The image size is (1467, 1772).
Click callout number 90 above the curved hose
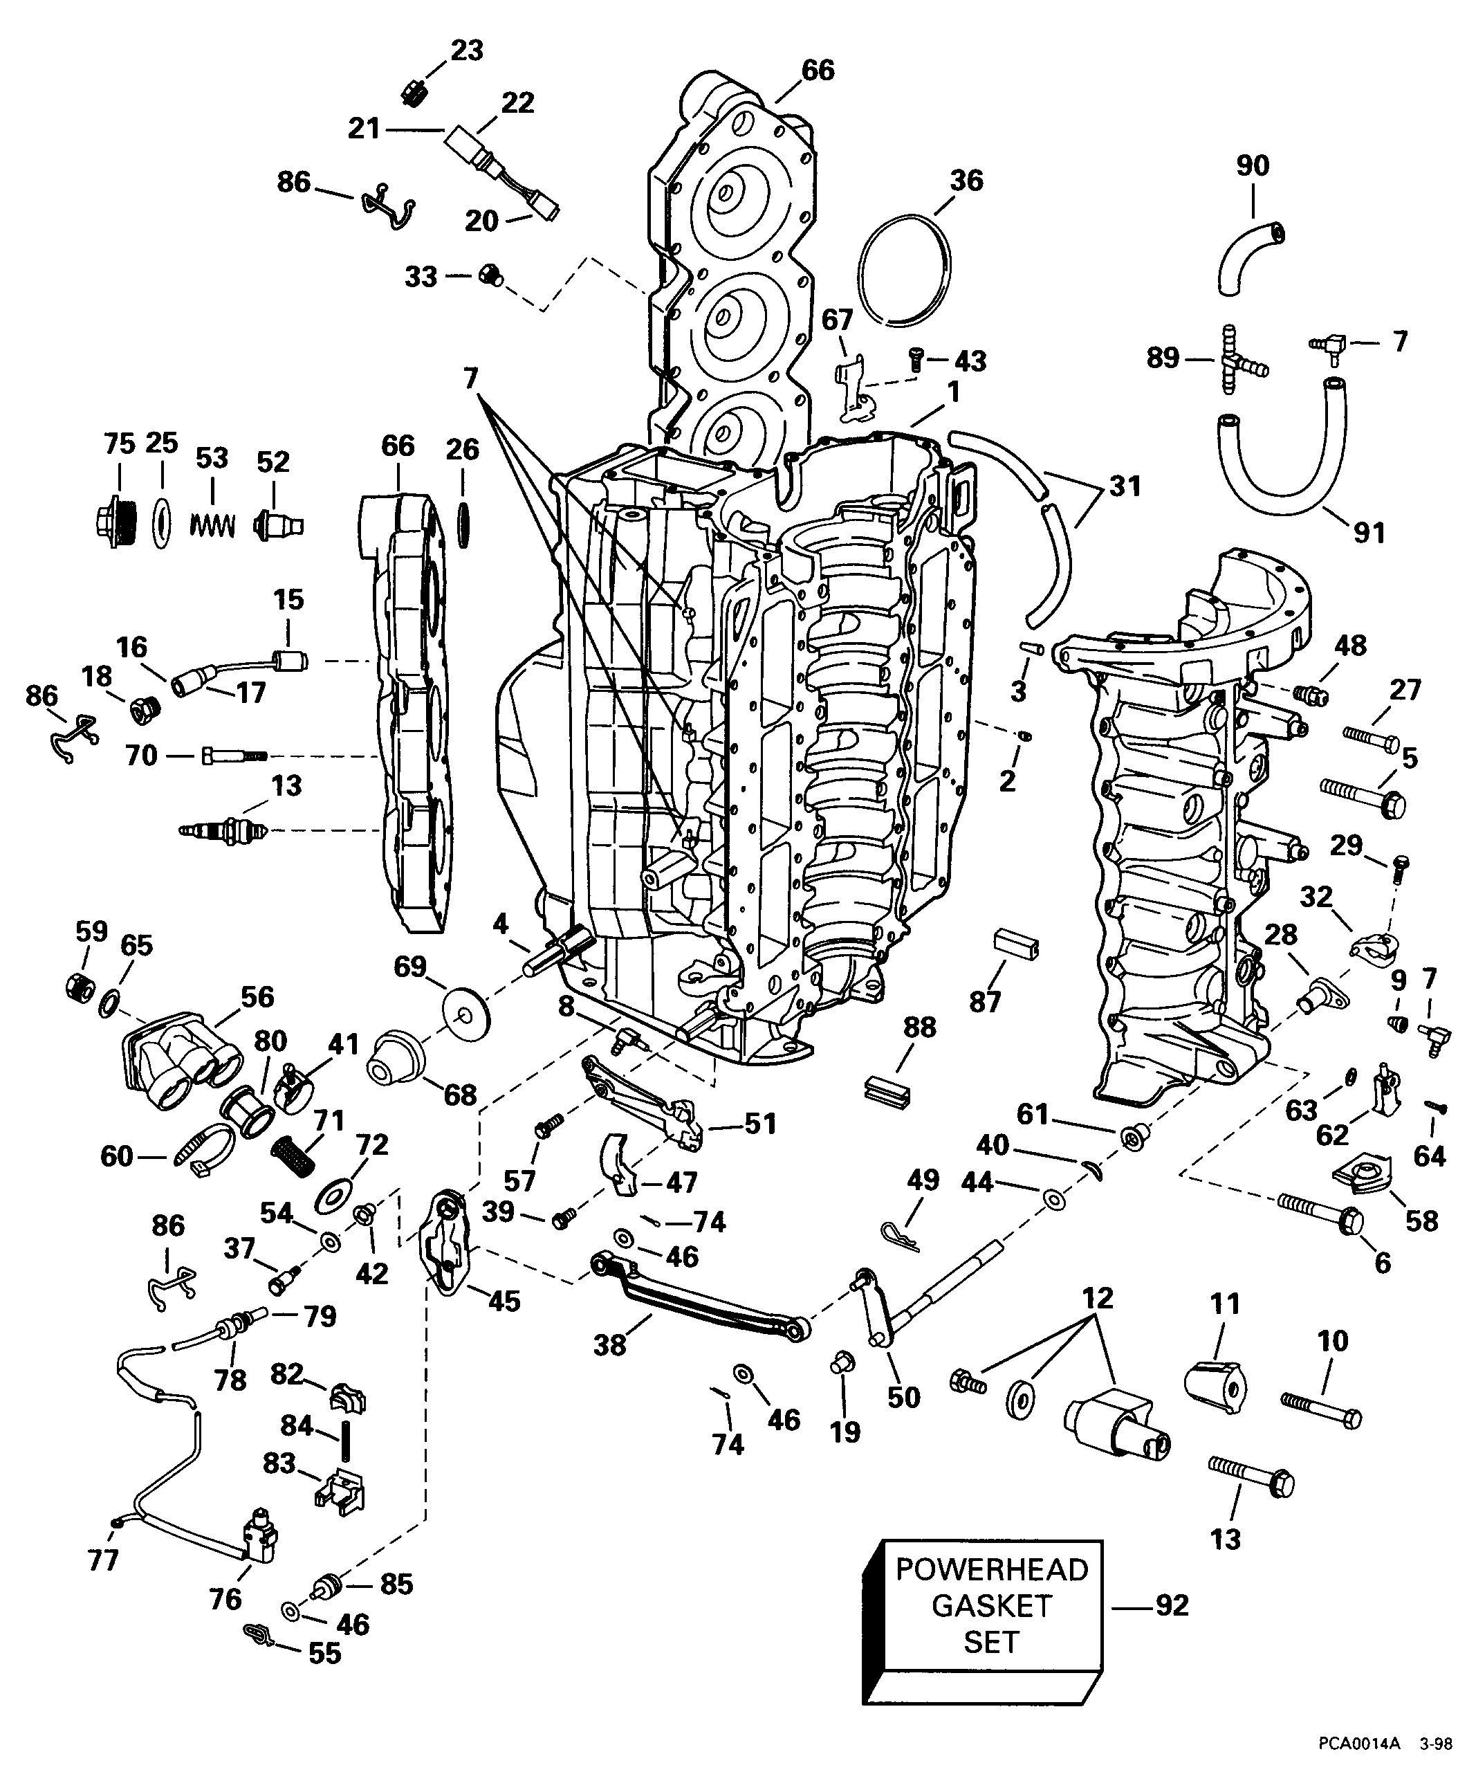point(1252,165)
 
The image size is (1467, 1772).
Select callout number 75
point(119,444)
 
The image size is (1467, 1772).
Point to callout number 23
point(466,51)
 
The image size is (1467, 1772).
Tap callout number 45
point(504,1300)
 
